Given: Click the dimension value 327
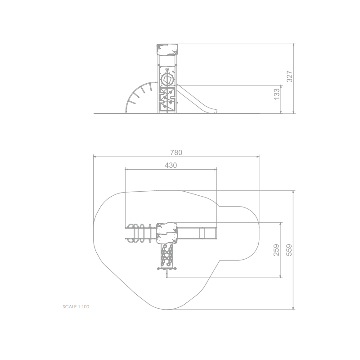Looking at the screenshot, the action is click(289, 76).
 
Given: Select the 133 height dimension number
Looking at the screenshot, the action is click(277, 94).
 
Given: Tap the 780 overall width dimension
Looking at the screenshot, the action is click(176, 153).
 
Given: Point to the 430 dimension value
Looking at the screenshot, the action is click(171, 165).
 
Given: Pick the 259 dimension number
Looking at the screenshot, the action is click(276, 250).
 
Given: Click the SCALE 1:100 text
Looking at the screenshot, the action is click(76, 307).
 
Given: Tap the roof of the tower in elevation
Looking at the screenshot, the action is click(167, 50).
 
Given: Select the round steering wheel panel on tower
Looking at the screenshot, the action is click(167, 80).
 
